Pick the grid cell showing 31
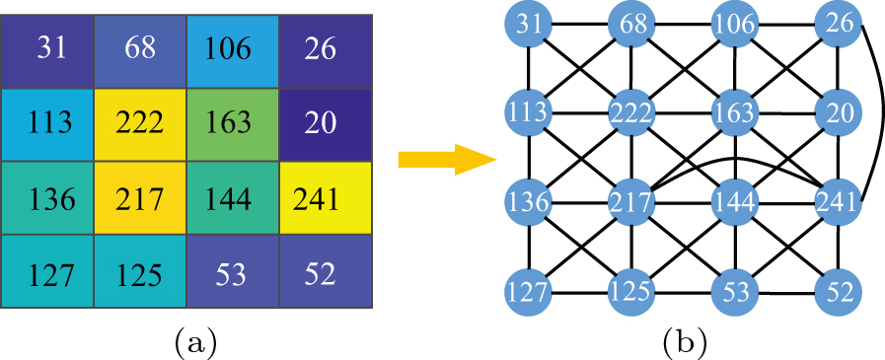(x=49, y=47)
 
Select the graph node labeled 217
(x=633, y=202)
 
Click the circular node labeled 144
(x=736, y=202)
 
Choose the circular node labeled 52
(x=838, y=293)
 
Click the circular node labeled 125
(x=633, y=293)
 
